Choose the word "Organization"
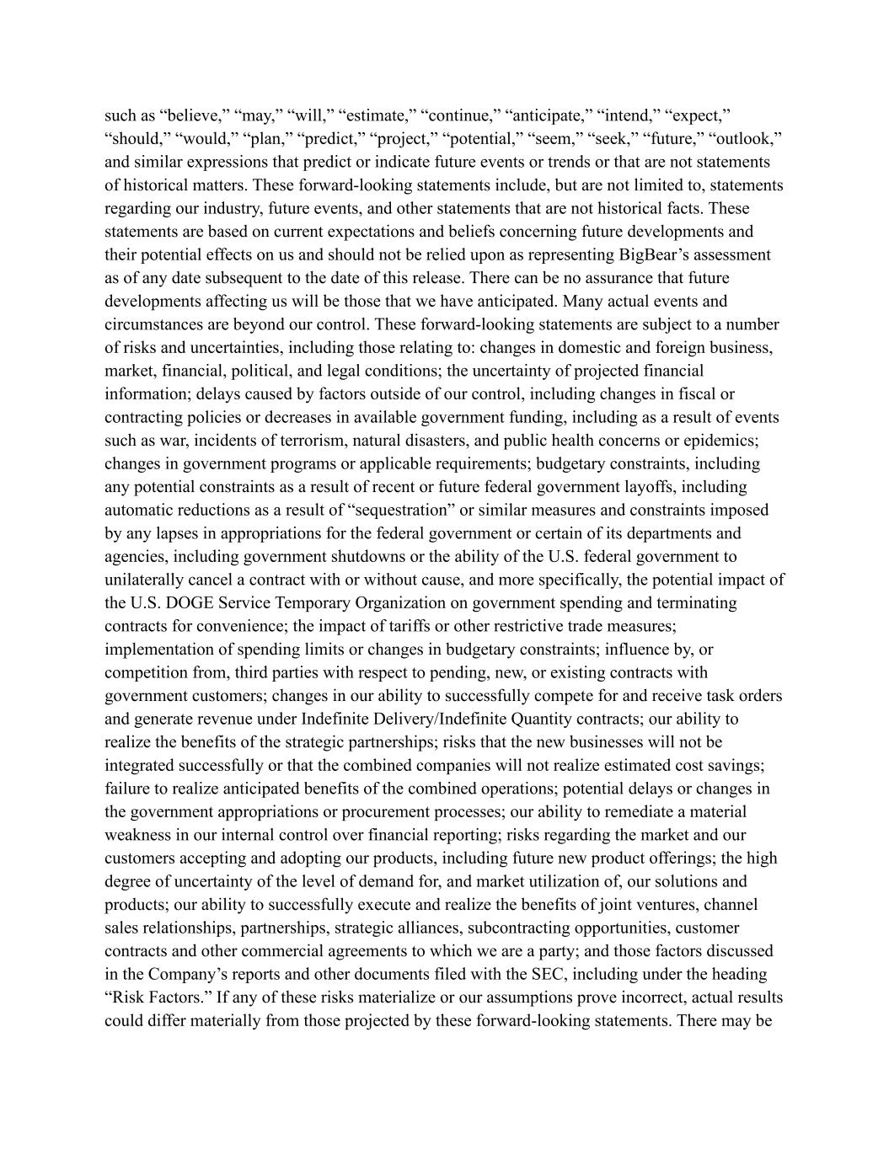pyautogui.click(x=400, y=603)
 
